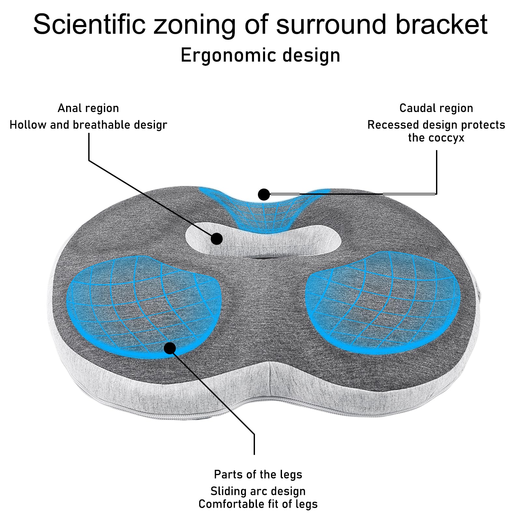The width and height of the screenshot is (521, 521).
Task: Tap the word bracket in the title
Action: click(441, 24)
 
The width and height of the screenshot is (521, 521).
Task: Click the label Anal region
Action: click(88, 108)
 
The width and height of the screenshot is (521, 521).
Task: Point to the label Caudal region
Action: click(436, 108)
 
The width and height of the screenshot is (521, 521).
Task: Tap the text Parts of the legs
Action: click(258, 474)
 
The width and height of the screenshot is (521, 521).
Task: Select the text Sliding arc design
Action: click(258, 491)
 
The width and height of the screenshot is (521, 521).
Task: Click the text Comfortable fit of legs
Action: click(258, 504)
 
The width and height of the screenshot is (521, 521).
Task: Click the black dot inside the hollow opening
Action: click(217, 239)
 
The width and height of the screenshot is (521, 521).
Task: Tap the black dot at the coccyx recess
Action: click(264, 195)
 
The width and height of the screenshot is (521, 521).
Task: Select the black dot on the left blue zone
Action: click(170, 348)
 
